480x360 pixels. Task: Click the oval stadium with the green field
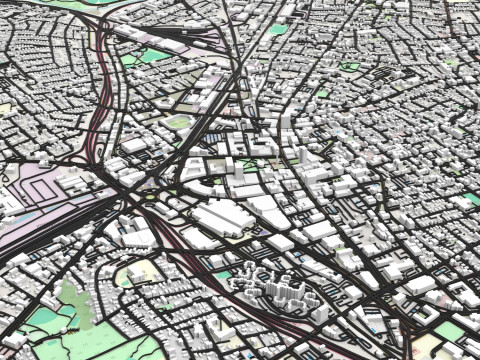(x=179, y=122)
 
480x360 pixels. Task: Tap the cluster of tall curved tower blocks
(x=269, y=286)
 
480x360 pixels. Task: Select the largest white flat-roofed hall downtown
(x=221, y=218)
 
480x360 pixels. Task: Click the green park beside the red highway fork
(x=151, y=56)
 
